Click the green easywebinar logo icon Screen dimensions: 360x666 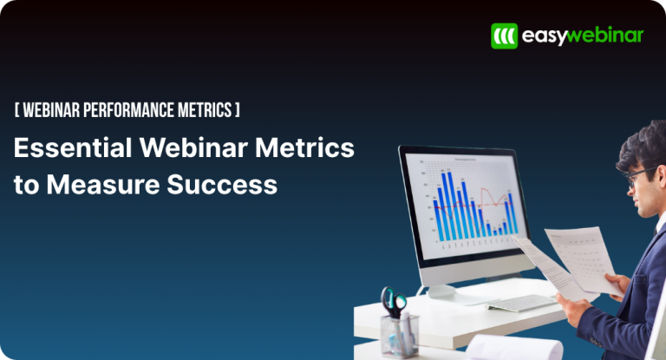pyautogui.click(x=504, y=36)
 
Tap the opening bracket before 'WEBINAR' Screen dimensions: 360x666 pyautogui.click(x=16, y=110)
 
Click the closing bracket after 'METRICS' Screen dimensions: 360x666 pyautogui.click(x=238, y=110)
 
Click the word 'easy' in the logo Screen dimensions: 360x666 pyautogui.click(x=544, y=36)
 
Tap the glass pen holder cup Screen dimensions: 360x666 pyautogui.click(x=400, y=334)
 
